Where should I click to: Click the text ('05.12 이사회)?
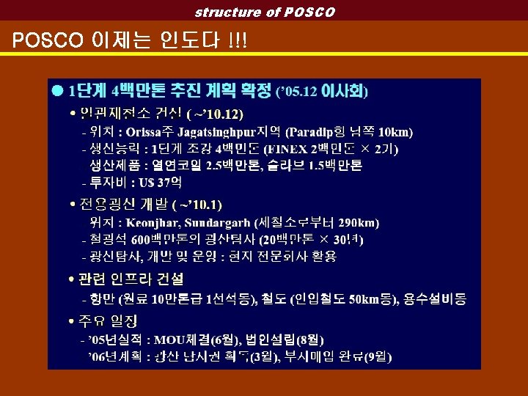click(322, 92)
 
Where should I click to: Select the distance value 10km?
click(397, 133)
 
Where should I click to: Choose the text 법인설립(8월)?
click(285, 340)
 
